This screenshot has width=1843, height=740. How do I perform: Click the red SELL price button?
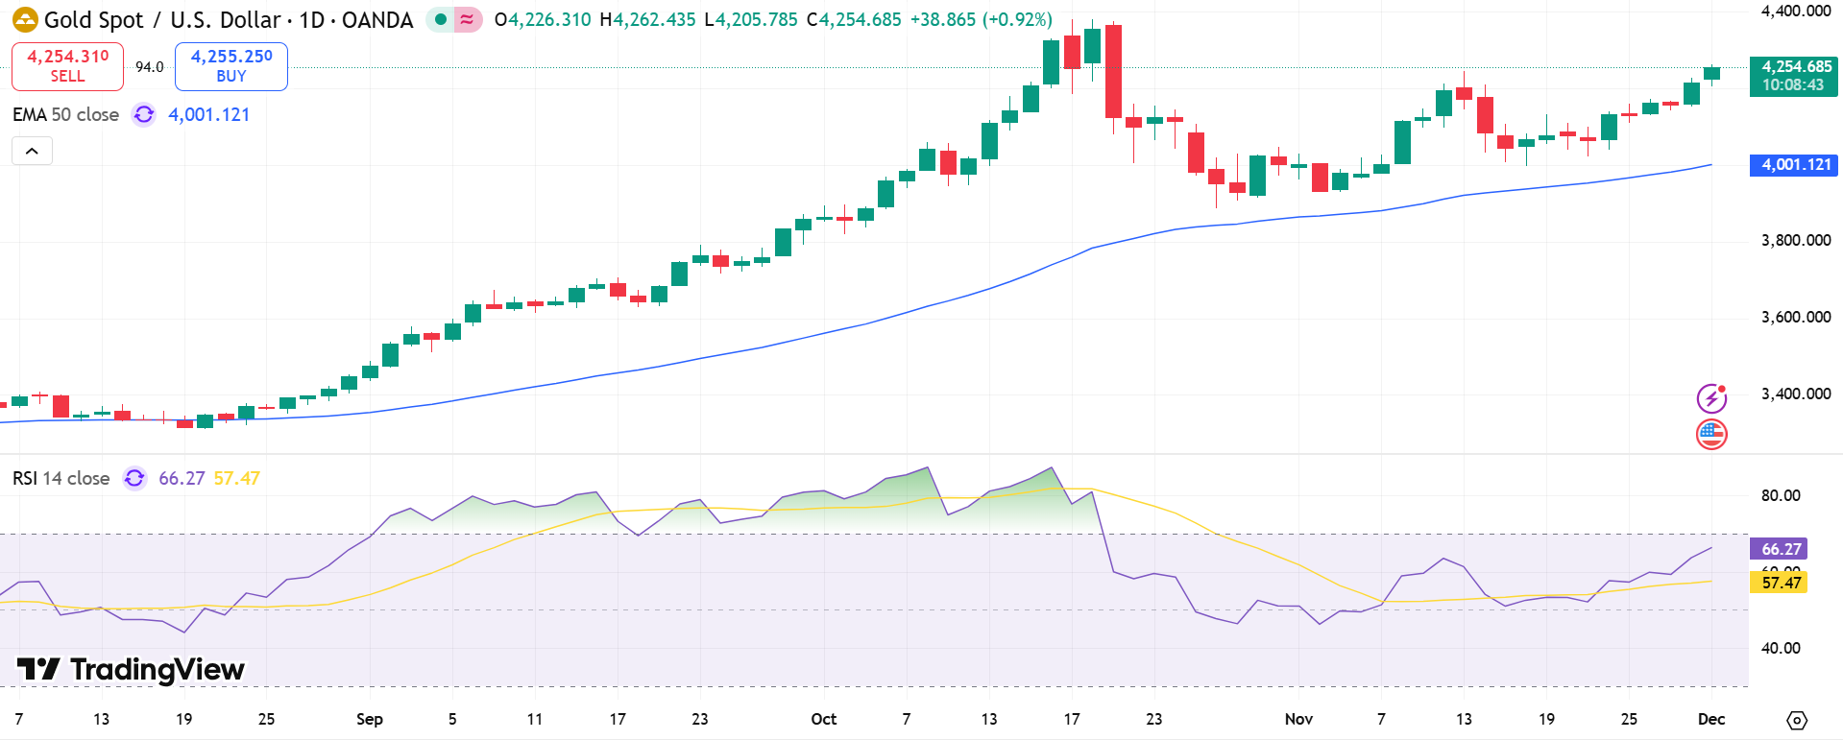[x=67, y=66]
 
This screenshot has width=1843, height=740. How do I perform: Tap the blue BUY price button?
[x=231, y=66]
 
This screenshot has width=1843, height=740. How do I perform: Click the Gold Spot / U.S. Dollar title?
[x=229, y=20]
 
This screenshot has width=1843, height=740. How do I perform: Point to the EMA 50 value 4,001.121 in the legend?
[x=209, y=115]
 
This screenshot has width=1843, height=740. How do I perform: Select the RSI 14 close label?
[x=61, y=478]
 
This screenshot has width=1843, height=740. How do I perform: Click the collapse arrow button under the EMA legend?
[x=32, y=151]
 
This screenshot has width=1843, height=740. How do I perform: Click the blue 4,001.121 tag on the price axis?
[x=1793, y=165]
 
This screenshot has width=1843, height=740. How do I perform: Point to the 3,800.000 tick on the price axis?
[x=1795, y=240]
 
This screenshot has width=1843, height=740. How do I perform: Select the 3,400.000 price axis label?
[x=1795, y=394]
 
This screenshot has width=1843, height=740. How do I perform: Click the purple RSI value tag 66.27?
[x=1780, y=549]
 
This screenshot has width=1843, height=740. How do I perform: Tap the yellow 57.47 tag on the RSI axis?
[x=1780, y=583]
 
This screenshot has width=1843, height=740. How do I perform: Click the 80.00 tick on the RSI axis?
[x=1780, y=495]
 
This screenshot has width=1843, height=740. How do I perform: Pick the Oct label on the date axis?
[x=823, y=719]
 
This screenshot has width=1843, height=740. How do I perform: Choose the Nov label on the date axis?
[x=1298, y=719]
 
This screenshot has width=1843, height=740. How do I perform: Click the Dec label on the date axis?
[x=1710, y=719]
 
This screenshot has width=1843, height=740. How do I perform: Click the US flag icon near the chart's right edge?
[x=1711, y=435]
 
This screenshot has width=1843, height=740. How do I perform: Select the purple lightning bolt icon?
[x=1711, y=397]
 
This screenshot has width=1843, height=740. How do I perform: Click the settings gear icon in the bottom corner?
[x=1797, y=720]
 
